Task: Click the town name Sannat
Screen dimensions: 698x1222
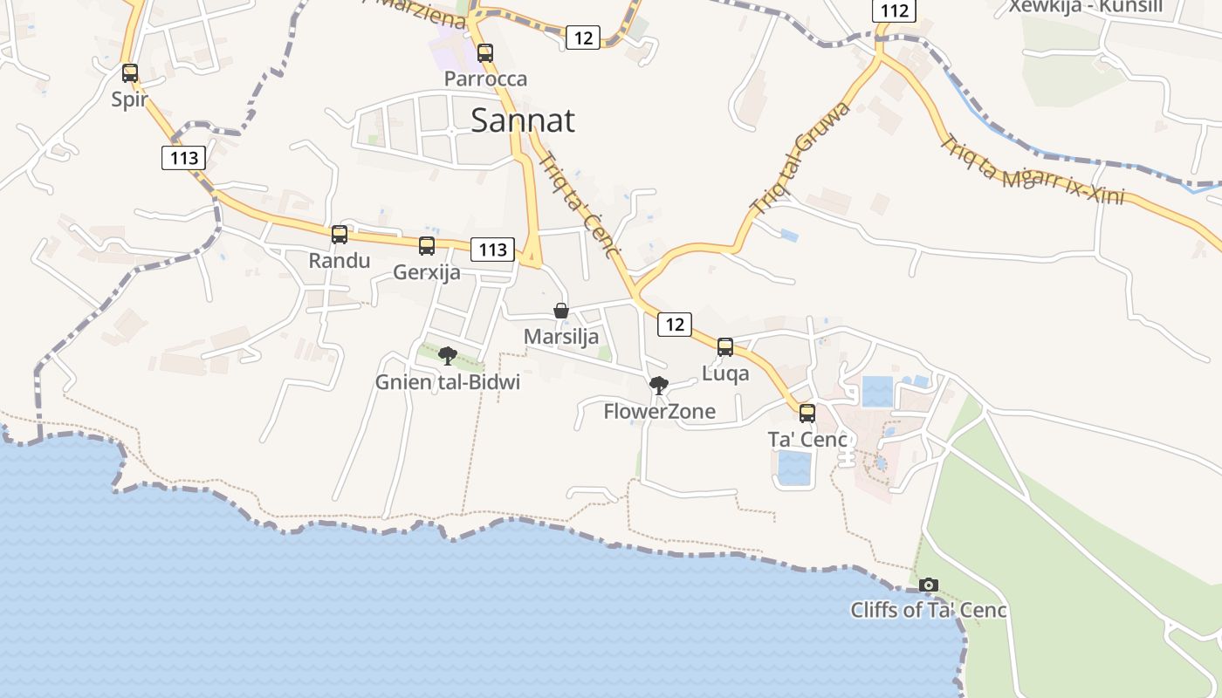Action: point(522,120)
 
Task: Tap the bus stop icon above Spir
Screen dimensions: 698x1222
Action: point(130,73)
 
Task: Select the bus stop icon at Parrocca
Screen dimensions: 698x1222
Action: point(485,53)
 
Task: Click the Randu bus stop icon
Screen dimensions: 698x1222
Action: point(340,235)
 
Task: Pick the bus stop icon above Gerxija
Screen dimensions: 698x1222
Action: point(427,246)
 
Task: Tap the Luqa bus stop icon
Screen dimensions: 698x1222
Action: point(725,347)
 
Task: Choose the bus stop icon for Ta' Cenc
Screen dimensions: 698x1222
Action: point(807,414)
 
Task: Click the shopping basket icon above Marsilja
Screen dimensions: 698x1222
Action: point(561,311)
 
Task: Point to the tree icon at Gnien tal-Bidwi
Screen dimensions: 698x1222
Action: point(448,356)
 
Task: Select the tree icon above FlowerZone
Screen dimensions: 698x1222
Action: point(659,386)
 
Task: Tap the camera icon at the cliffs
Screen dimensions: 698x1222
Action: point(929,585)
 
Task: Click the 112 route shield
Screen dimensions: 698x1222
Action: point(895,10)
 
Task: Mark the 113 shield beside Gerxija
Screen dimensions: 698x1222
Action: point(493,250)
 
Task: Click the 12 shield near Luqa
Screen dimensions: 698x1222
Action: point(675,325)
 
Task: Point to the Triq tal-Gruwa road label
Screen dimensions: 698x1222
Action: point(800,158)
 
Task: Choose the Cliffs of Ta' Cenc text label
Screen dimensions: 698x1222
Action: point(928,610)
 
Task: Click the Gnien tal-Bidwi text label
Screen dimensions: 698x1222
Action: point(448,382)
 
